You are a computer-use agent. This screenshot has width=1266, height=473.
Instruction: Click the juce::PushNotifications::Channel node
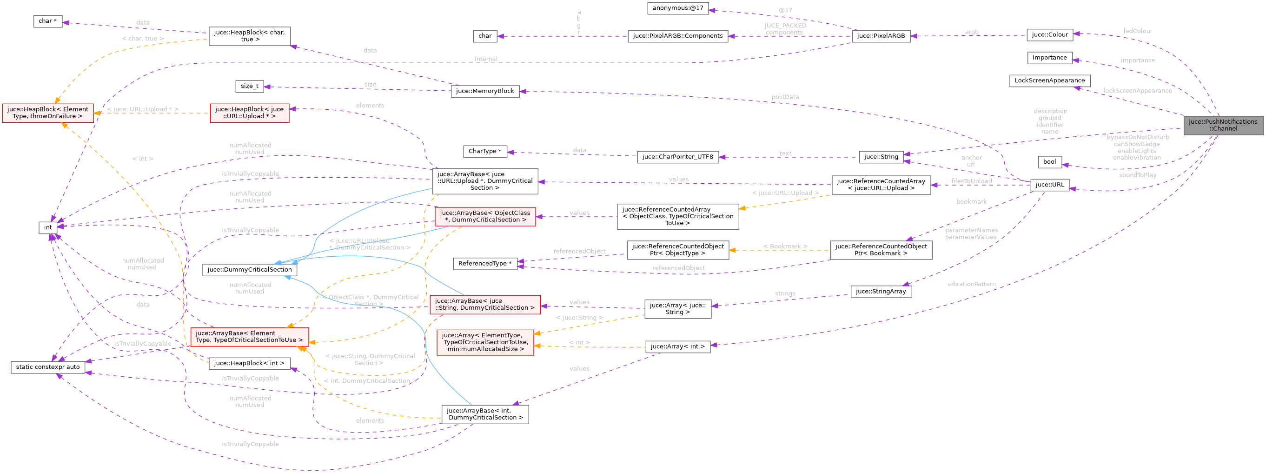click(1223, 125)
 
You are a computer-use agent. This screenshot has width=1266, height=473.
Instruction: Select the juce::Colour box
click(1049, 35)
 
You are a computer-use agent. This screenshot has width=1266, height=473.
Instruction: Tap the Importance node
click(1049, 58)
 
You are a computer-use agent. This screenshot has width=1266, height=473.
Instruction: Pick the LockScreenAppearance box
click(1049, 80)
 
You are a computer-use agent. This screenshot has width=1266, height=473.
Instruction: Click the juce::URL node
click(1049, 185)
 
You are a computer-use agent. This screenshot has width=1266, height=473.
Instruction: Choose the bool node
click(1049, 162)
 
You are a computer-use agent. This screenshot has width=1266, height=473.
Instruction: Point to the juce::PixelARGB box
click(881, 36)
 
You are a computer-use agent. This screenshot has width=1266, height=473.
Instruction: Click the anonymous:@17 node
click(678, 8)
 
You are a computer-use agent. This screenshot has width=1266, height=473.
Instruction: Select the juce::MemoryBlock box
click(484, 91)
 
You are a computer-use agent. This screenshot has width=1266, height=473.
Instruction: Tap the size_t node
click(249, 86)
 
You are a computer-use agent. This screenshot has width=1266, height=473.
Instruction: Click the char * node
click(48, 21)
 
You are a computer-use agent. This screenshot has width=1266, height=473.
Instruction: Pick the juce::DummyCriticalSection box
click(249, 269)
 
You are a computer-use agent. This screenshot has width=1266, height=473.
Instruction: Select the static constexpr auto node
click(48, 367)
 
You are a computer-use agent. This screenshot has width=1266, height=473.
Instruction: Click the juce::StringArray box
click(881, 292)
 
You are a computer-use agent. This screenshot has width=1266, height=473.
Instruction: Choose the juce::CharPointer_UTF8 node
click(678, 157)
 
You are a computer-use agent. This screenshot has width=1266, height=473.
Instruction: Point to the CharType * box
click(484, 152)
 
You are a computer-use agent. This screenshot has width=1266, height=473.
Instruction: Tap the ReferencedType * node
click(484, 264)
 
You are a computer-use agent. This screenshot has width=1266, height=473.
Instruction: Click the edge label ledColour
click(1138, 31)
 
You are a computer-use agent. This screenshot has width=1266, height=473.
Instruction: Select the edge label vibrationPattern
click(971, 284)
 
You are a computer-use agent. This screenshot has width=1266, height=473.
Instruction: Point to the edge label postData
click(785, 97)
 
